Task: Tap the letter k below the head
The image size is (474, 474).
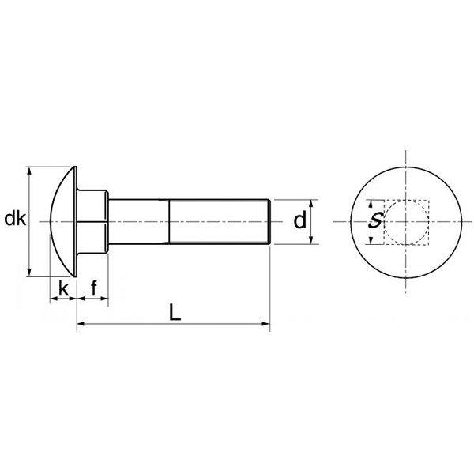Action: (63, 288)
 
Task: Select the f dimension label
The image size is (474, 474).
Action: (94, 288)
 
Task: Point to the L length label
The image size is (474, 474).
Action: (175, 312)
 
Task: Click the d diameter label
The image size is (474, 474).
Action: (299, 221)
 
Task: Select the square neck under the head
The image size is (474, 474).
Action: (92, 221)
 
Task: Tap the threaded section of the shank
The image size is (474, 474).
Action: (221, 222)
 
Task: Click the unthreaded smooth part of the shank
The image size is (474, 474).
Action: (138, 222)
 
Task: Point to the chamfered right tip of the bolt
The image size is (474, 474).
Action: (271, 222)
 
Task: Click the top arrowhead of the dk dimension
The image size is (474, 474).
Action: (29, 170)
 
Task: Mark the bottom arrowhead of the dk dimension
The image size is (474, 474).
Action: (29, 273)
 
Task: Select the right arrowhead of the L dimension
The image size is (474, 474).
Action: (266, 324)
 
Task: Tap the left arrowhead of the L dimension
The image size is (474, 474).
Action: (81, 324)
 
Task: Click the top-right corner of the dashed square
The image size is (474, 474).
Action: (429, 201)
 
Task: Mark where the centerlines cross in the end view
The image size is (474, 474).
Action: (407, 222)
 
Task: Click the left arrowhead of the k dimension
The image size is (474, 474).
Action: (54, 300)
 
